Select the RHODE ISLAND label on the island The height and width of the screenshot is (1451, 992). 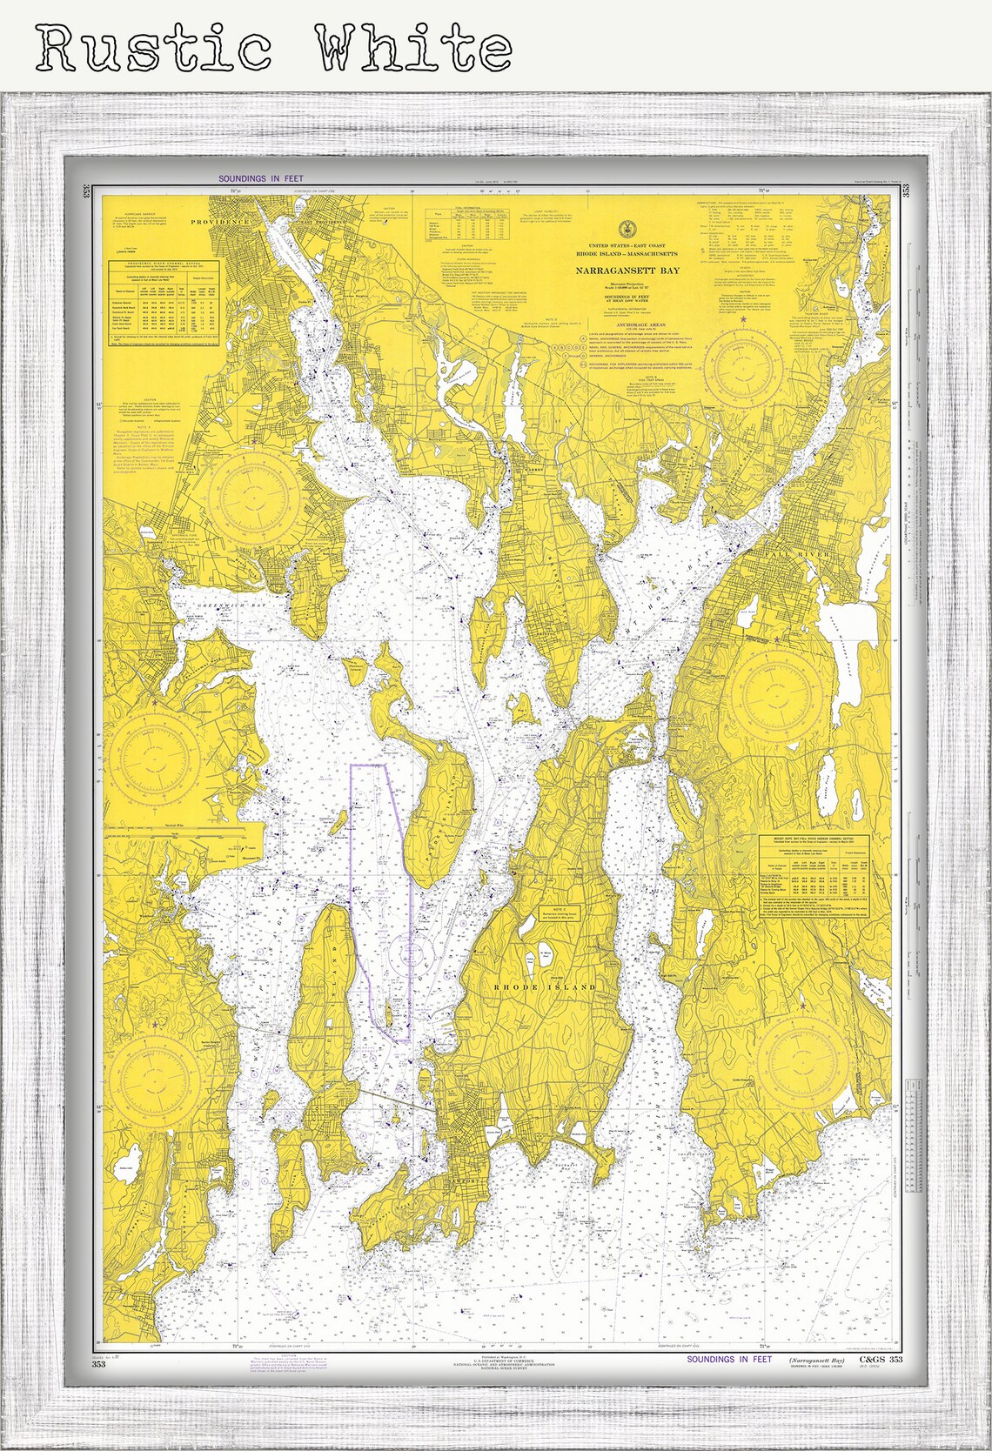coord(546,987)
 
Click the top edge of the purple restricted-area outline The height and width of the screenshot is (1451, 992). coord(366,765)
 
